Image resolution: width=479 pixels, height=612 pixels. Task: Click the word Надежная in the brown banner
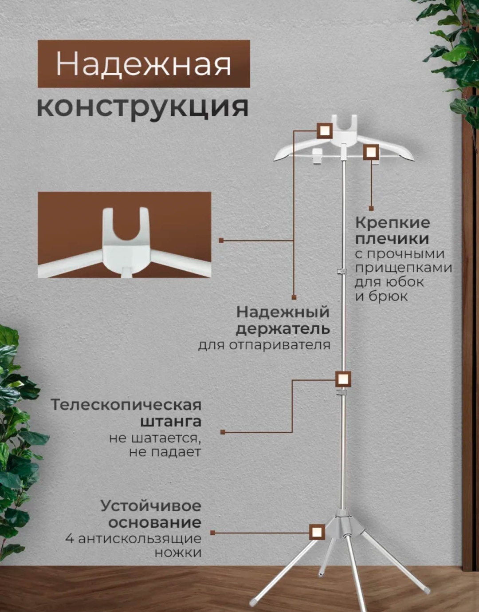click(144, 64)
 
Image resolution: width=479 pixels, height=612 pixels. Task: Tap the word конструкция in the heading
click(143, 108)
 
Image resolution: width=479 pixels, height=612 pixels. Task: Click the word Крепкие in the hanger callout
click(393, 223)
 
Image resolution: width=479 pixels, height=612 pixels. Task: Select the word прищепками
click(403, 268)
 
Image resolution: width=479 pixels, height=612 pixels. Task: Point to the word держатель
click(283, 329)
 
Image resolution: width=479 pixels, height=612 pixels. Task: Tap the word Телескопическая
click(126, 405)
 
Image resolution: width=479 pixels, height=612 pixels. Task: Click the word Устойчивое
click(151, 505)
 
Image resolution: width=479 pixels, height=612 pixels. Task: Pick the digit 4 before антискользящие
click(70, 539)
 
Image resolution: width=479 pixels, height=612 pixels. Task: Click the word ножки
click(178, 553)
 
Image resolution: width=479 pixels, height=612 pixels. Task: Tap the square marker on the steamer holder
click(325, 130)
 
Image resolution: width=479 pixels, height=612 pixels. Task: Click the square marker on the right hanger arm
click(371, 152)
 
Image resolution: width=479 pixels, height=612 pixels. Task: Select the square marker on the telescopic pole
click(343, 379)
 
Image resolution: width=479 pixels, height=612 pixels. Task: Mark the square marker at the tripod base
click(317, 532)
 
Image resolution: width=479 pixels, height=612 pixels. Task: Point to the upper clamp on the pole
click(342, 271)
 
